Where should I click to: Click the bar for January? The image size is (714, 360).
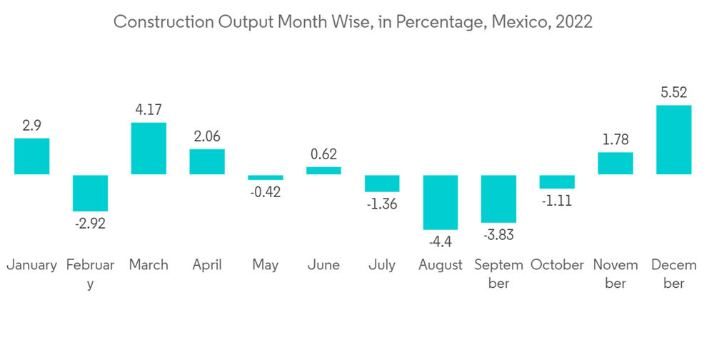tap(32, 156)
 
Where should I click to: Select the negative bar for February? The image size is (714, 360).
tap(91, 193)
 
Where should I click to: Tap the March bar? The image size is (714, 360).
tap(149, 149)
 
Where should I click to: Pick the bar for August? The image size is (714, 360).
tap(441, 202)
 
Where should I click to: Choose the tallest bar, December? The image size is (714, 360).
tap(674, 140)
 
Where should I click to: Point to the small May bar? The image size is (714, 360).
tap(266, 177)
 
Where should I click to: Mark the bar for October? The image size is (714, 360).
tap(557, 182)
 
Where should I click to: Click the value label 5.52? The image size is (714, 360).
tap(674, 92)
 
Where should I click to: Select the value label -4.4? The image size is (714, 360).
tap(441, 242)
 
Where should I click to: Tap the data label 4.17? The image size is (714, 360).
tap(149, 110)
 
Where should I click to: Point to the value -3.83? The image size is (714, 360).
tap(498, 235)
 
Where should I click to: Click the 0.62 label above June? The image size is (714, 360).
tap(323, 154)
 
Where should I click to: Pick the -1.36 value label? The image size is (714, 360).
tap(382, 204)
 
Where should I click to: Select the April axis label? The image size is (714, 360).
tap(207, 265)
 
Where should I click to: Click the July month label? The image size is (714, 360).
tap(382, 265)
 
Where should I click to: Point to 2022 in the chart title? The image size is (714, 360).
tap(573, 22)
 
